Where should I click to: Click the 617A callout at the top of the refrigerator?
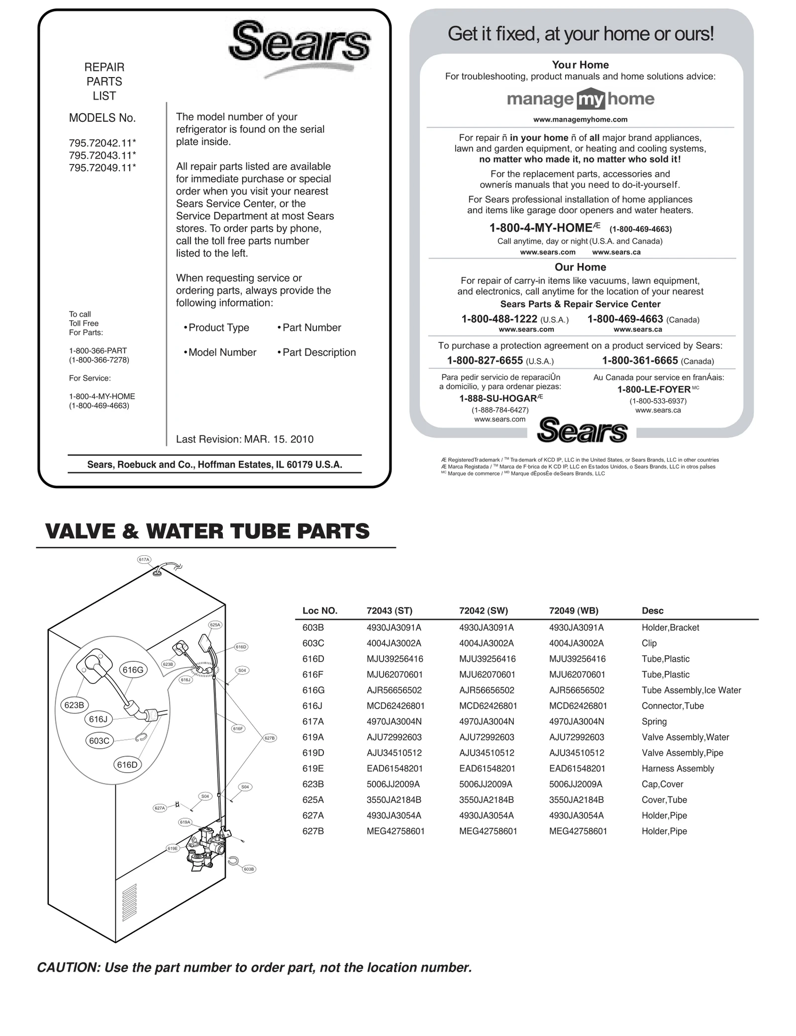pos(144,559)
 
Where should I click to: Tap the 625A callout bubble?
pos(215,624)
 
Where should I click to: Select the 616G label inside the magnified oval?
pos(133,670)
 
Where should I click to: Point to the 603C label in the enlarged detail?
pos(99,741)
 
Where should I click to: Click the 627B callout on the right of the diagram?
pos(269,738)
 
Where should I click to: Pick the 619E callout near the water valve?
pos(173,848)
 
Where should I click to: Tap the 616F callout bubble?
pos(238,729)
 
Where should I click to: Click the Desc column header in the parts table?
pos(652,610)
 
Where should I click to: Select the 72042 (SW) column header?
pos(483,610)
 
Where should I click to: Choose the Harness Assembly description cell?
pos(678,769)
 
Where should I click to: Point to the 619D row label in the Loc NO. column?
pos(313,753)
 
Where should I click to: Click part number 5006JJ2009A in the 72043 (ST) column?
pos(393,784)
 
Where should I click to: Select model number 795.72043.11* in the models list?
pos(102,155)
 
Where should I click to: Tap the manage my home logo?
pos(580,99)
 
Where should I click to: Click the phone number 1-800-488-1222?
pos(499,319)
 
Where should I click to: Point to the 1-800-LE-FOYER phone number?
pos(654,389)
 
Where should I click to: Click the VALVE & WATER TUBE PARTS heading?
pos(207,531)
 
